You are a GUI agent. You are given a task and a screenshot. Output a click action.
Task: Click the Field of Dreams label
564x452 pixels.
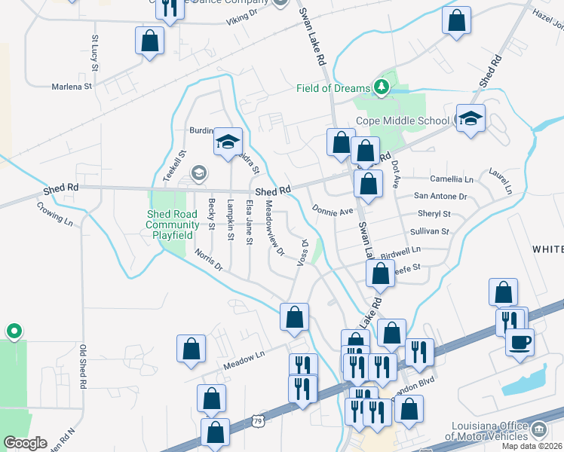click(x=331, y=88)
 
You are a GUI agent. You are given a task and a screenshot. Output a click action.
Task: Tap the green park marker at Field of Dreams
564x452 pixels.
click(x=382, y=87)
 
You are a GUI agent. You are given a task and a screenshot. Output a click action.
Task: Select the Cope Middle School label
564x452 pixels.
click(x=403, y=121)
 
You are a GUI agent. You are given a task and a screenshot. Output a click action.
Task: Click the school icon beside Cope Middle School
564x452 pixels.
click(x=471, y=118)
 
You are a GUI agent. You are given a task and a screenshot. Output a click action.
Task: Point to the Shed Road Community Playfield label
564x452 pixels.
click(x=173, y=224)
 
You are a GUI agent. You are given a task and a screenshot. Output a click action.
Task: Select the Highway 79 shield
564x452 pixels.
click(x=259, y=418)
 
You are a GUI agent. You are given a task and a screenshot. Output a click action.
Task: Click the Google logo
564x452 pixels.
click(x=25, y=443)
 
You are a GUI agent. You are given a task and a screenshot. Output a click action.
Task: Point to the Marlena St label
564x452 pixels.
click(x=71, y=87)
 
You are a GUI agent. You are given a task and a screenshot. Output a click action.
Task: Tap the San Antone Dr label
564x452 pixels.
click(x=441, y=196)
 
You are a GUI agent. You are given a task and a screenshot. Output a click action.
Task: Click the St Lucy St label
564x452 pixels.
click(x=95, y=53)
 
